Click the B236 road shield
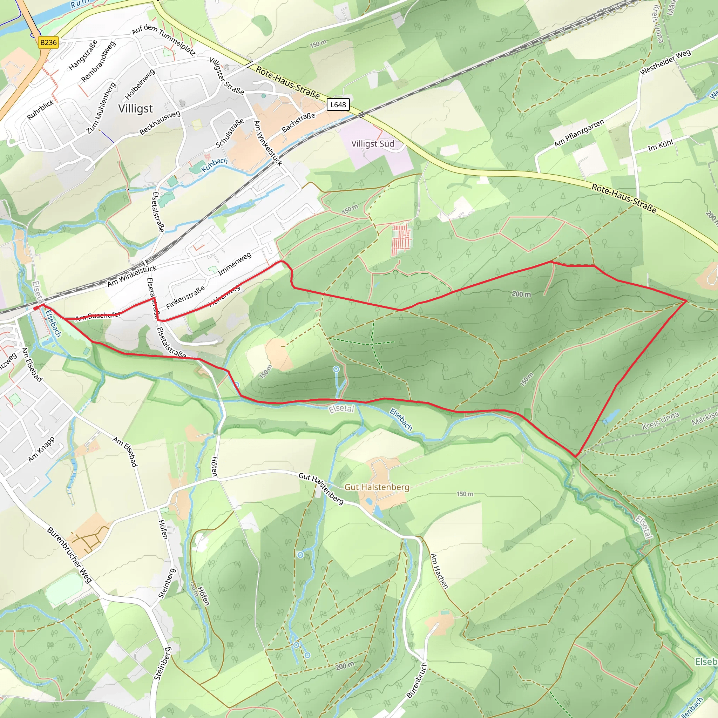[x=48, y=42]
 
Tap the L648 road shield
[x=338, y=105]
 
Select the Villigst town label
[x=135, y=109]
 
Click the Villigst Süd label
[x=372, y=144]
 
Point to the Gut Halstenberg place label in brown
[x=377, y=487]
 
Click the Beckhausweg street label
[x=160, y=123]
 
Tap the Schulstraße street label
[x=230, y=133]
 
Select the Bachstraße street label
[x=298, y=122]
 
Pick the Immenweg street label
[x=235, y=264]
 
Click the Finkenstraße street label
[x=185, y=297]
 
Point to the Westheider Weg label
[x=665, y=62]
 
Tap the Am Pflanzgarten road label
[x=579, y=133]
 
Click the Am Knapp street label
[x=42, y=450]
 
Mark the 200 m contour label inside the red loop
[x=521, y=294]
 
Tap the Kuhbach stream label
[x=215, y=164]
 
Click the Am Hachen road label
[x=439, y=571]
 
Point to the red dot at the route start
[x=36, y=308]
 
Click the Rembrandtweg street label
[x=98, y=61]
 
